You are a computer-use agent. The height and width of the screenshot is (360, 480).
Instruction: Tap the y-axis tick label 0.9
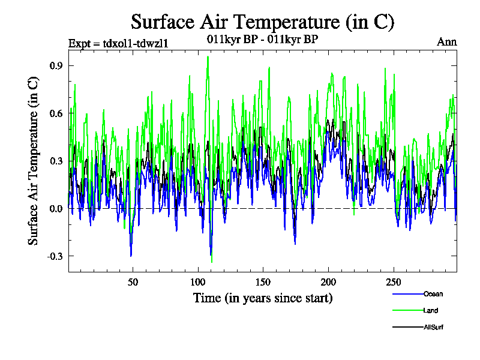click(57, 65)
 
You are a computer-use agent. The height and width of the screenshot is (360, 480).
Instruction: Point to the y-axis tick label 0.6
click(57, 113)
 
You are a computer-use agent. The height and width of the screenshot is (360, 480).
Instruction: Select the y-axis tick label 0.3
click(57, 161)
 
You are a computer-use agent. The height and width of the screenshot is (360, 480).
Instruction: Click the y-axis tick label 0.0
click(57, 209)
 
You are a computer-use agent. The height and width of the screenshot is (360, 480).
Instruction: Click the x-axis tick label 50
click(133, 282)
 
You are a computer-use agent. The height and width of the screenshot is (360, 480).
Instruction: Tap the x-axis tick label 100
click(198, 282)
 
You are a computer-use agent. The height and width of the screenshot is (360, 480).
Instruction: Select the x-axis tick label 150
click(263, 282)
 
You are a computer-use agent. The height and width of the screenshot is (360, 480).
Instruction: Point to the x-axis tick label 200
click(328, 282)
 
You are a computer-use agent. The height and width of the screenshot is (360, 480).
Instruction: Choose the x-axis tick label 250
click(392, 282)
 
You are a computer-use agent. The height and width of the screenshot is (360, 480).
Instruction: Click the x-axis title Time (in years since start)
click(263, 298)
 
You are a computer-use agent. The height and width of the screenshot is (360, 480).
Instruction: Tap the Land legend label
click(430, 311)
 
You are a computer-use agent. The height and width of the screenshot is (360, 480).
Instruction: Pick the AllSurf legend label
click(433, 327)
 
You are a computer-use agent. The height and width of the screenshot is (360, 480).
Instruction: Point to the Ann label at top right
click(446, 42)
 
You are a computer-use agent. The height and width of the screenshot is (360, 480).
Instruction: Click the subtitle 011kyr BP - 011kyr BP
click(262, 40)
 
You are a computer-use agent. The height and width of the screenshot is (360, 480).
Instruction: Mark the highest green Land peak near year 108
click(208, 56)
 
